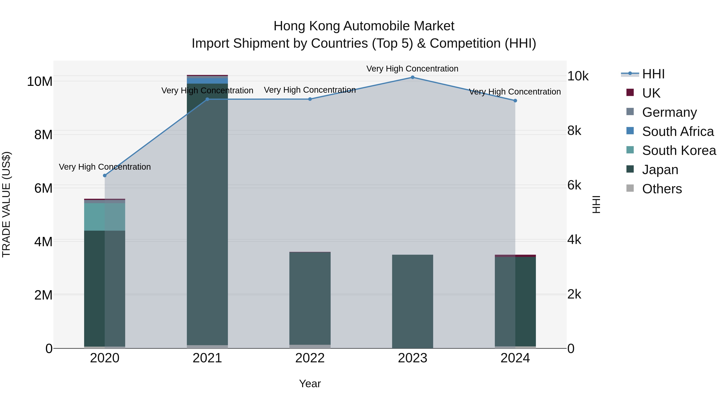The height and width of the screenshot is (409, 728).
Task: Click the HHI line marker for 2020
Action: [105, 176]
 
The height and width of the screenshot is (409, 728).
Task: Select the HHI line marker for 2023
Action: [412, 77]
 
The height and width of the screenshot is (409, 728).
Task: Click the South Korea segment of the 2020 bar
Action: [105, 217]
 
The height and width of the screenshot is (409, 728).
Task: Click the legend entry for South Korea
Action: [679, 150]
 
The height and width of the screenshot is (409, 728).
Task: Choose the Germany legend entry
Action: [669, 112]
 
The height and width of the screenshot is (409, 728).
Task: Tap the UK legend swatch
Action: [630, 93]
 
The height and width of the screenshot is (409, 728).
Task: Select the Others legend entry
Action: [662, 189]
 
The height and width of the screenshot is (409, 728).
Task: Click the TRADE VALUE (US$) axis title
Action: [6, 204]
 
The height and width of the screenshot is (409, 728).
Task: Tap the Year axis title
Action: [310, 384]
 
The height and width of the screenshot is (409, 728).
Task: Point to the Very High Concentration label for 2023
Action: [412, 69]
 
